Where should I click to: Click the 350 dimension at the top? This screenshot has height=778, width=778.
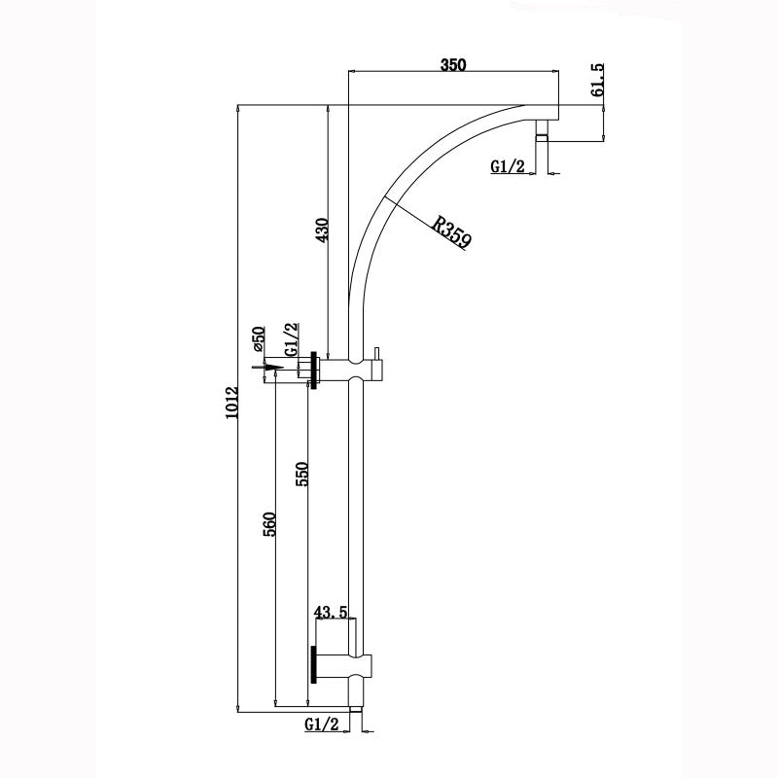click(x=453, y=65)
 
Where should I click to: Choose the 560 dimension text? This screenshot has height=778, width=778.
click(x=271, y=522)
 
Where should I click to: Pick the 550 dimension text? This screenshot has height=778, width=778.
click(x=301, y=474)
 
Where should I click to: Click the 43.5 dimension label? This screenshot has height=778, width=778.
click(x=332, y=613)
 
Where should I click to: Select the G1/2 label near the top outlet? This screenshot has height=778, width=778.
click(x=508, y=166)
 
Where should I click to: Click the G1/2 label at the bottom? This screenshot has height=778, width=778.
click(x=322, y=725)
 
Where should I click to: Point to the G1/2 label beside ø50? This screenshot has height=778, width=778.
click(x=289, y=339)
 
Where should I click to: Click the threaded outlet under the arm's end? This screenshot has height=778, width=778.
click(x=543, y=132)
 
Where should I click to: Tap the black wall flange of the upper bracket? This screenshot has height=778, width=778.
click(x=314, y=370)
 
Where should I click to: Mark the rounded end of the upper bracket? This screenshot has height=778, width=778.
click(x=382, y=370)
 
